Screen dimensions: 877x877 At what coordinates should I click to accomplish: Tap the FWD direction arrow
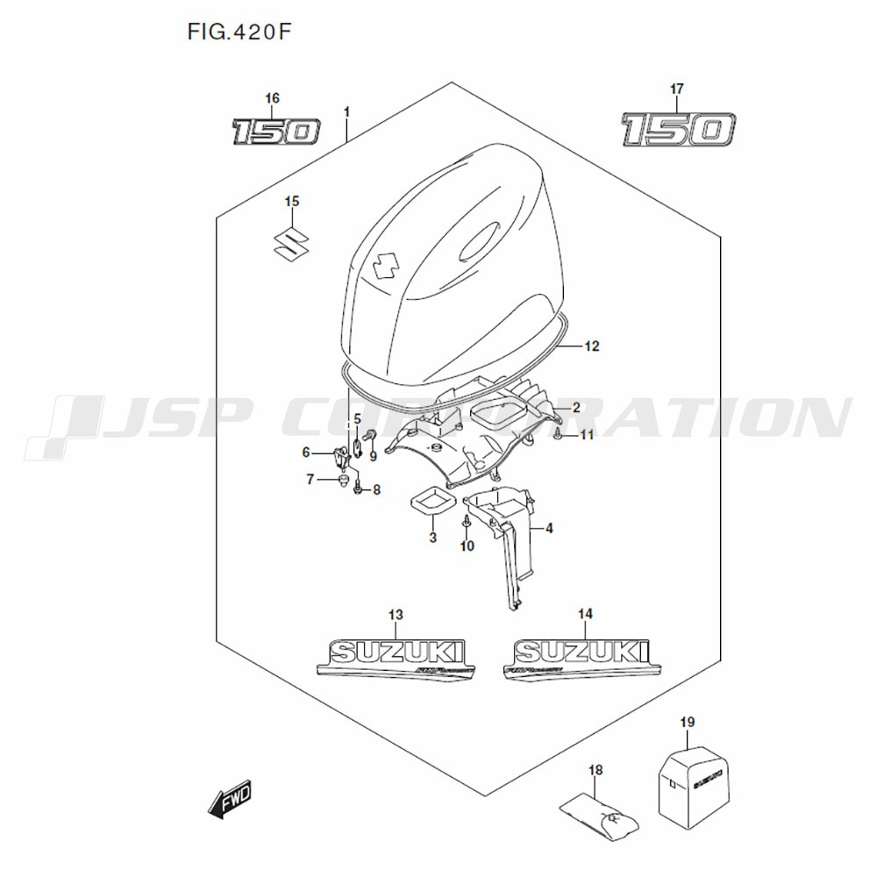coord(230,800)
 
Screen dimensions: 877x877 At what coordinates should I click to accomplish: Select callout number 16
coord(272,98)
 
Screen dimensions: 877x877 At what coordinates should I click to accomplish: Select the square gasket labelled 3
coord(432,505)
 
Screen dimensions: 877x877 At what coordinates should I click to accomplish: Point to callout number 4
coord(548,528)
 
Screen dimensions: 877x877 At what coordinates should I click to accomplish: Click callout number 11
coord(587,434)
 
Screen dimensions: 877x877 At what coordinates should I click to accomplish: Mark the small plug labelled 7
coord(341,481)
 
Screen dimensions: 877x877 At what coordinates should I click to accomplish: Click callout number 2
coord(576,407)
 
